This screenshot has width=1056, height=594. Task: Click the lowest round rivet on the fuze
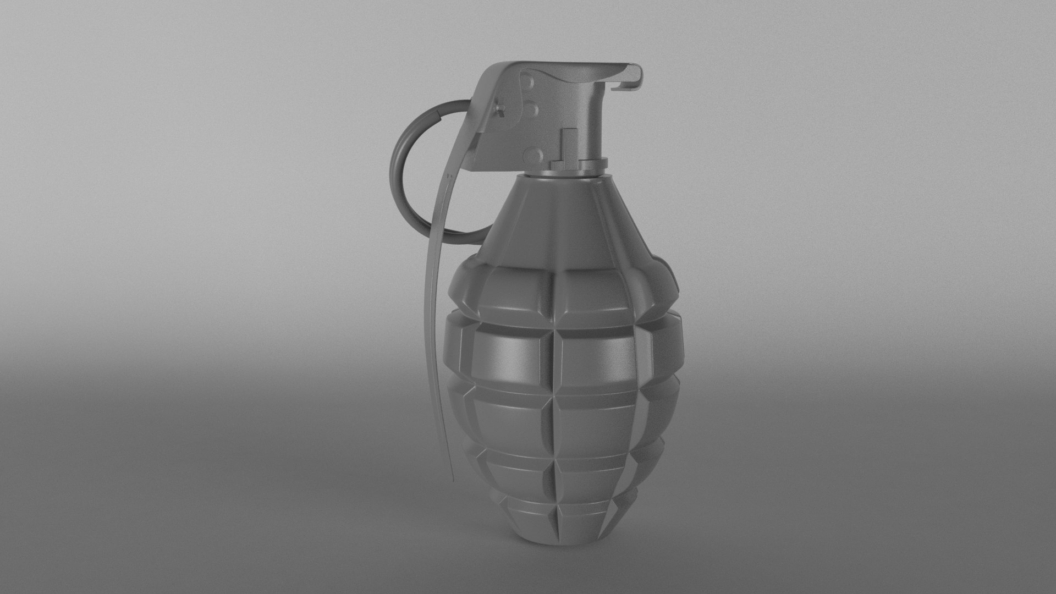531,153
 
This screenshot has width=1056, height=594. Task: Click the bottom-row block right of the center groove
583,522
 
